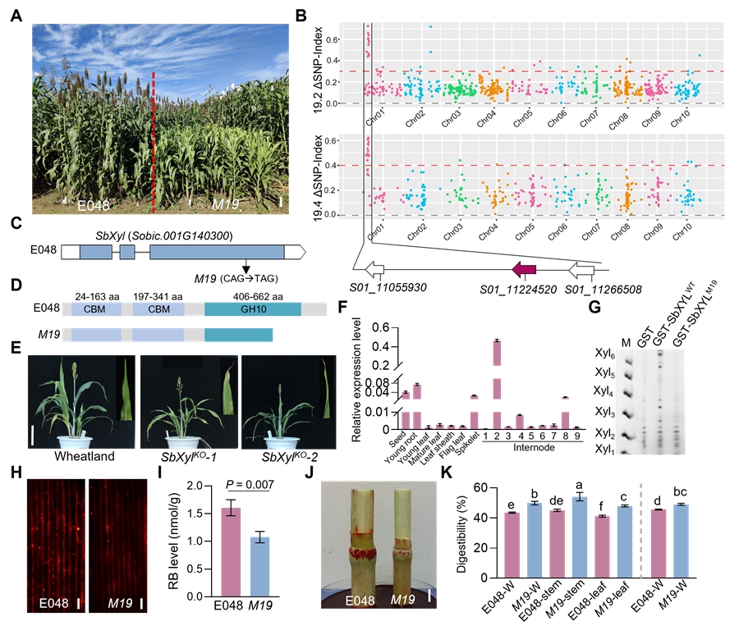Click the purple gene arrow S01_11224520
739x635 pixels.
[x=523, y=269]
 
